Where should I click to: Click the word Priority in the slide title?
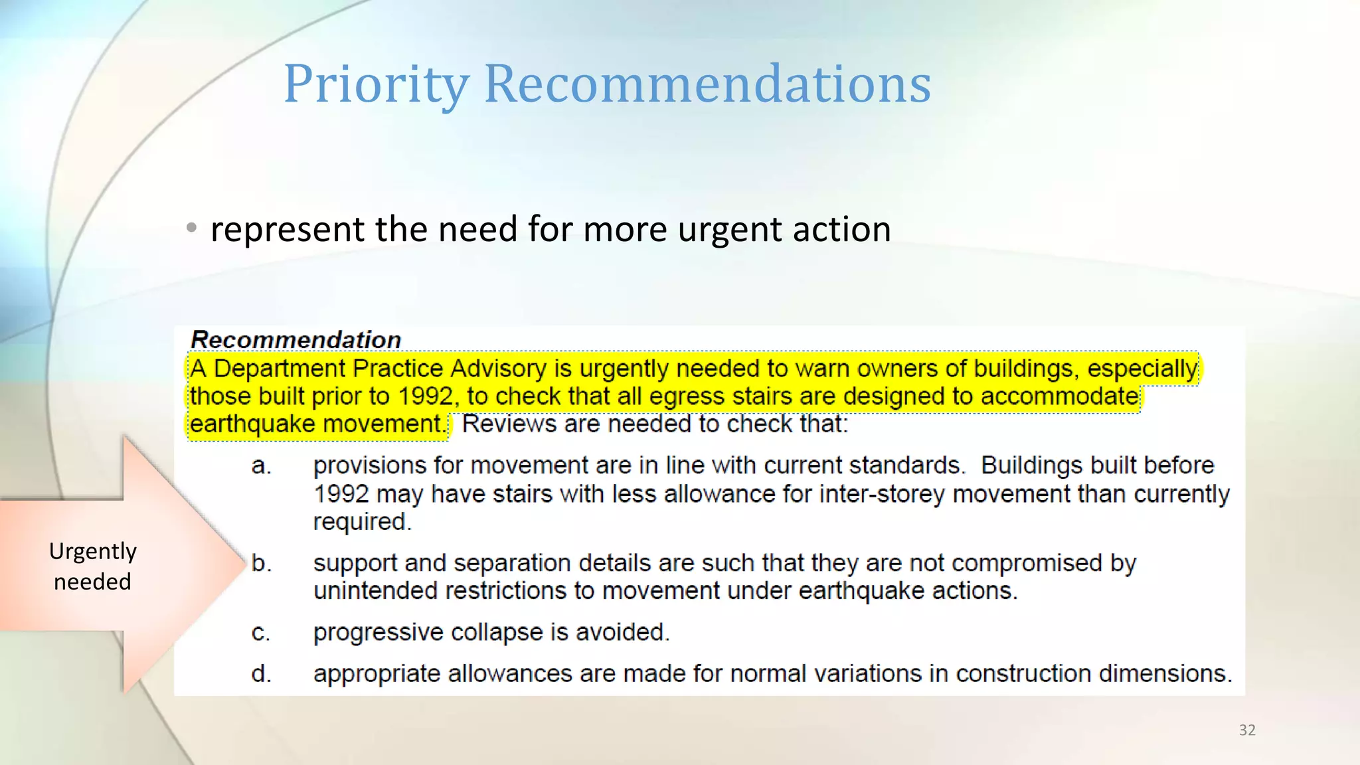click(376, 84)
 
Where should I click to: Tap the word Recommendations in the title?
click(707, 84)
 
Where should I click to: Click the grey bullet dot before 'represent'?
click(192, 228)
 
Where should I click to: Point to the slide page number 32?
click(1247, 730)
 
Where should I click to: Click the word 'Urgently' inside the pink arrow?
click(92, 551)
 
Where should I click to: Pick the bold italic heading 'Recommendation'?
click(296, 340)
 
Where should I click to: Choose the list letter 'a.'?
click(261, 466)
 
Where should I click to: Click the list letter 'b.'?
click(261, 563)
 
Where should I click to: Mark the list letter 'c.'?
click(260, 632)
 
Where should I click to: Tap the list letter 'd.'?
click(261, 674)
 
